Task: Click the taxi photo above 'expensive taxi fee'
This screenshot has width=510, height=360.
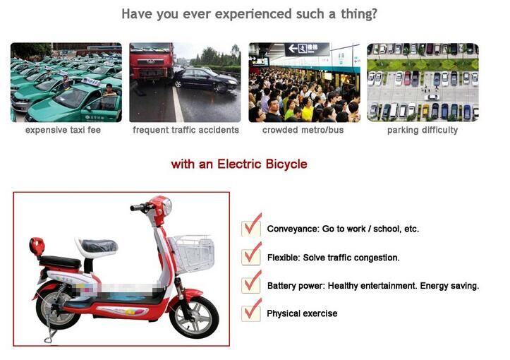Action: tap(66, 83)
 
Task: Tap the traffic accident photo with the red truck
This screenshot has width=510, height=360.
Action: tap(185, 83)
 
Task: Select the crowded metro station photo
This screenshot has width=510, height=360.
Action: tap(304, 83)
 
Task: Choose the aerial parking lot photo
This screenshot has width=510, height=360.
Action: tap(423, 83)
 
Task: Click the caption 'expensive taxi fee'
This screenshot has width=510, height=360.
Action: tap(65, 130)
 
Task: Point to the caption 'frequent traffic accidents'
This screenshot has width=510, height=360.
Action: tap(186, 130)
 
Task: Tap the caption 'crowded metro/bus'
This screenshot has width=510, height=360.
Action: tap(304, 130)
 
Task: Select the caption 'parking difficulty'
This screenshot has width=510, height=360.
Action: tap(423, 130)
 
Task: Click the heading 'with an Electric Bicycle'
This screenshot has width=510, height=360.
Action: tap(239, 164)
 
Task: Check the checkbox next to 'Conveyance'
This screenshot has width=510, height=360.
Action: tap(250, 228)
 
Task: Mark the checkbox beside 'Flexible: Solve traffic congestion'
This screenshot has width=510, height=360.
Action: tap(250, 256)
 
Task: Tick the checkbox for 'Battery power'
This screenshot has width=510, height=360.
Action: tap(250, 284)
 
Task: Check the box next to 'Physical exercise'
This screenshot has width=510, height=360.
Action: tap(250, 313)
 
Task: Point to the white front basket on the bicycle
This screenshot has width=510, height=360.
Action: tap(192, 253)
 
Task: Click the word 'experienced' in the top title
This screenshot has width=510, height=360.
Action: tap(229, 13)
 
